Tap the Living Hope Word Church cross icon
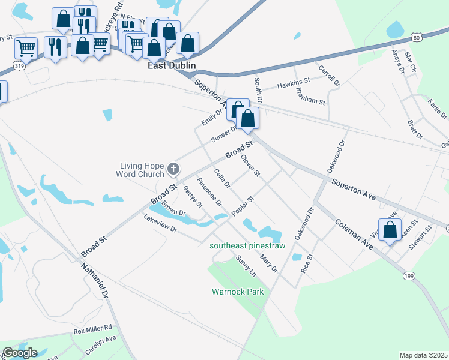point(173,169)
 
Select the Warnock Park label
point(238,292)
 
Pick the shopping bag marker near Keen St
point(390,229)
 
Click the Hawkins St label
point(293,83)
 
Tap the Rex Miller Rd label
point(92,329)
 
